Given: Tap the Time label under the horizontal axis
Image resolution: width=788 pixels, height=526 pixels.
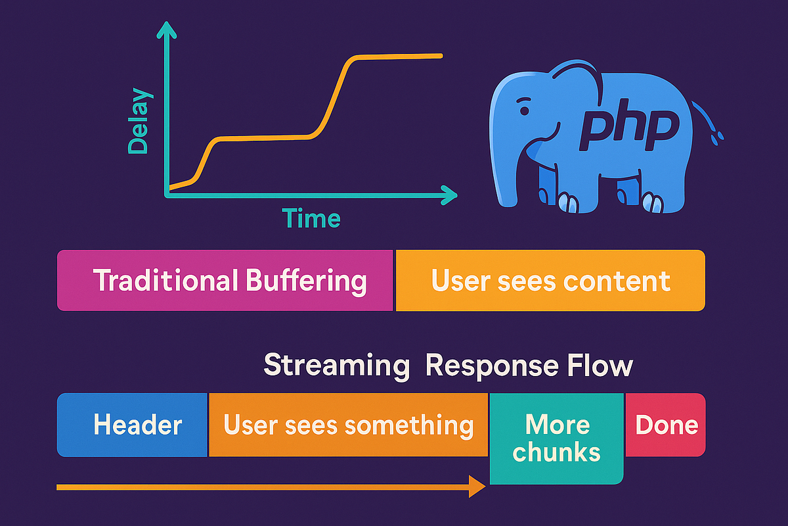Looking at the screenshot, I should [x=311, y=218].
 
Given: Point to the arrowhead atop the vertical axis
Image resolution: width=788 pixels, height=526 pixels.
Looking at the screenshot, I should [x=168, y=30].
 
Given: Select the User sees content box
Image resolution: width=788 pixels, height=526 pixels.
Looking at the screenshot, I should [x=550, y=280].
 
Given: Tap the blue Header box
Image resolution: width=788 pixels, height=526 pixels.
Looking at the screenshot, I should [x=133, y=425].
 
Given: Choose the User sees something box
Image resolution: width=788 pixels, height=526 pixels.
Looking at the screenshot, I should [x=348, y=425].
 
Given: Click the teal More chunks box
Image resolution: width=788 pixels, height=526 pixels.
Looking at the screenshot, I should [x=556, y=438].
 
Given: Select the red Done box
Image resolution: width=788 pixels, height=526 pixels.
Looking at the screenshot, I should [x=666, y=425].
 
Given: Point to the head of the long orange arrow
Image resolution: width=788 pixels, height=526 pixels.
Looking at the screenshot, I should [x=477, y=487].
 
